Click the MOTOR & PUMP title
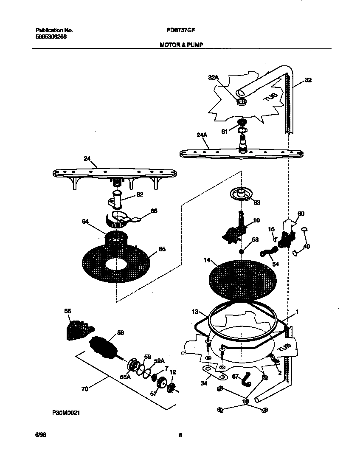coord(178,44)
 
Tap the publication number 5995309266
coord(51,37)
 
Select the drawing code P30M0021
coord(66,412)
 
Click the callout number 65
coord(162,250)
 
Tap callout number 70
coord(84,389)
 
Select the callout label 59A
coord(159,360)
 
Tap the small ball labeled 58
coord(241,251)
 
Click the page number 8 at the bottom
coord(180,435)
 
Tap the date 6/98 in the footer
coord(40,435)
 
